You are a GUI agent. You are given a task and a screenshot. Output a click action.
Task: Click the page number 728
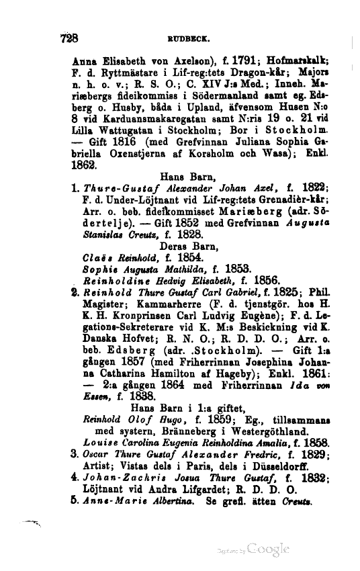pyautogui.click(x=69, y=38)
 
